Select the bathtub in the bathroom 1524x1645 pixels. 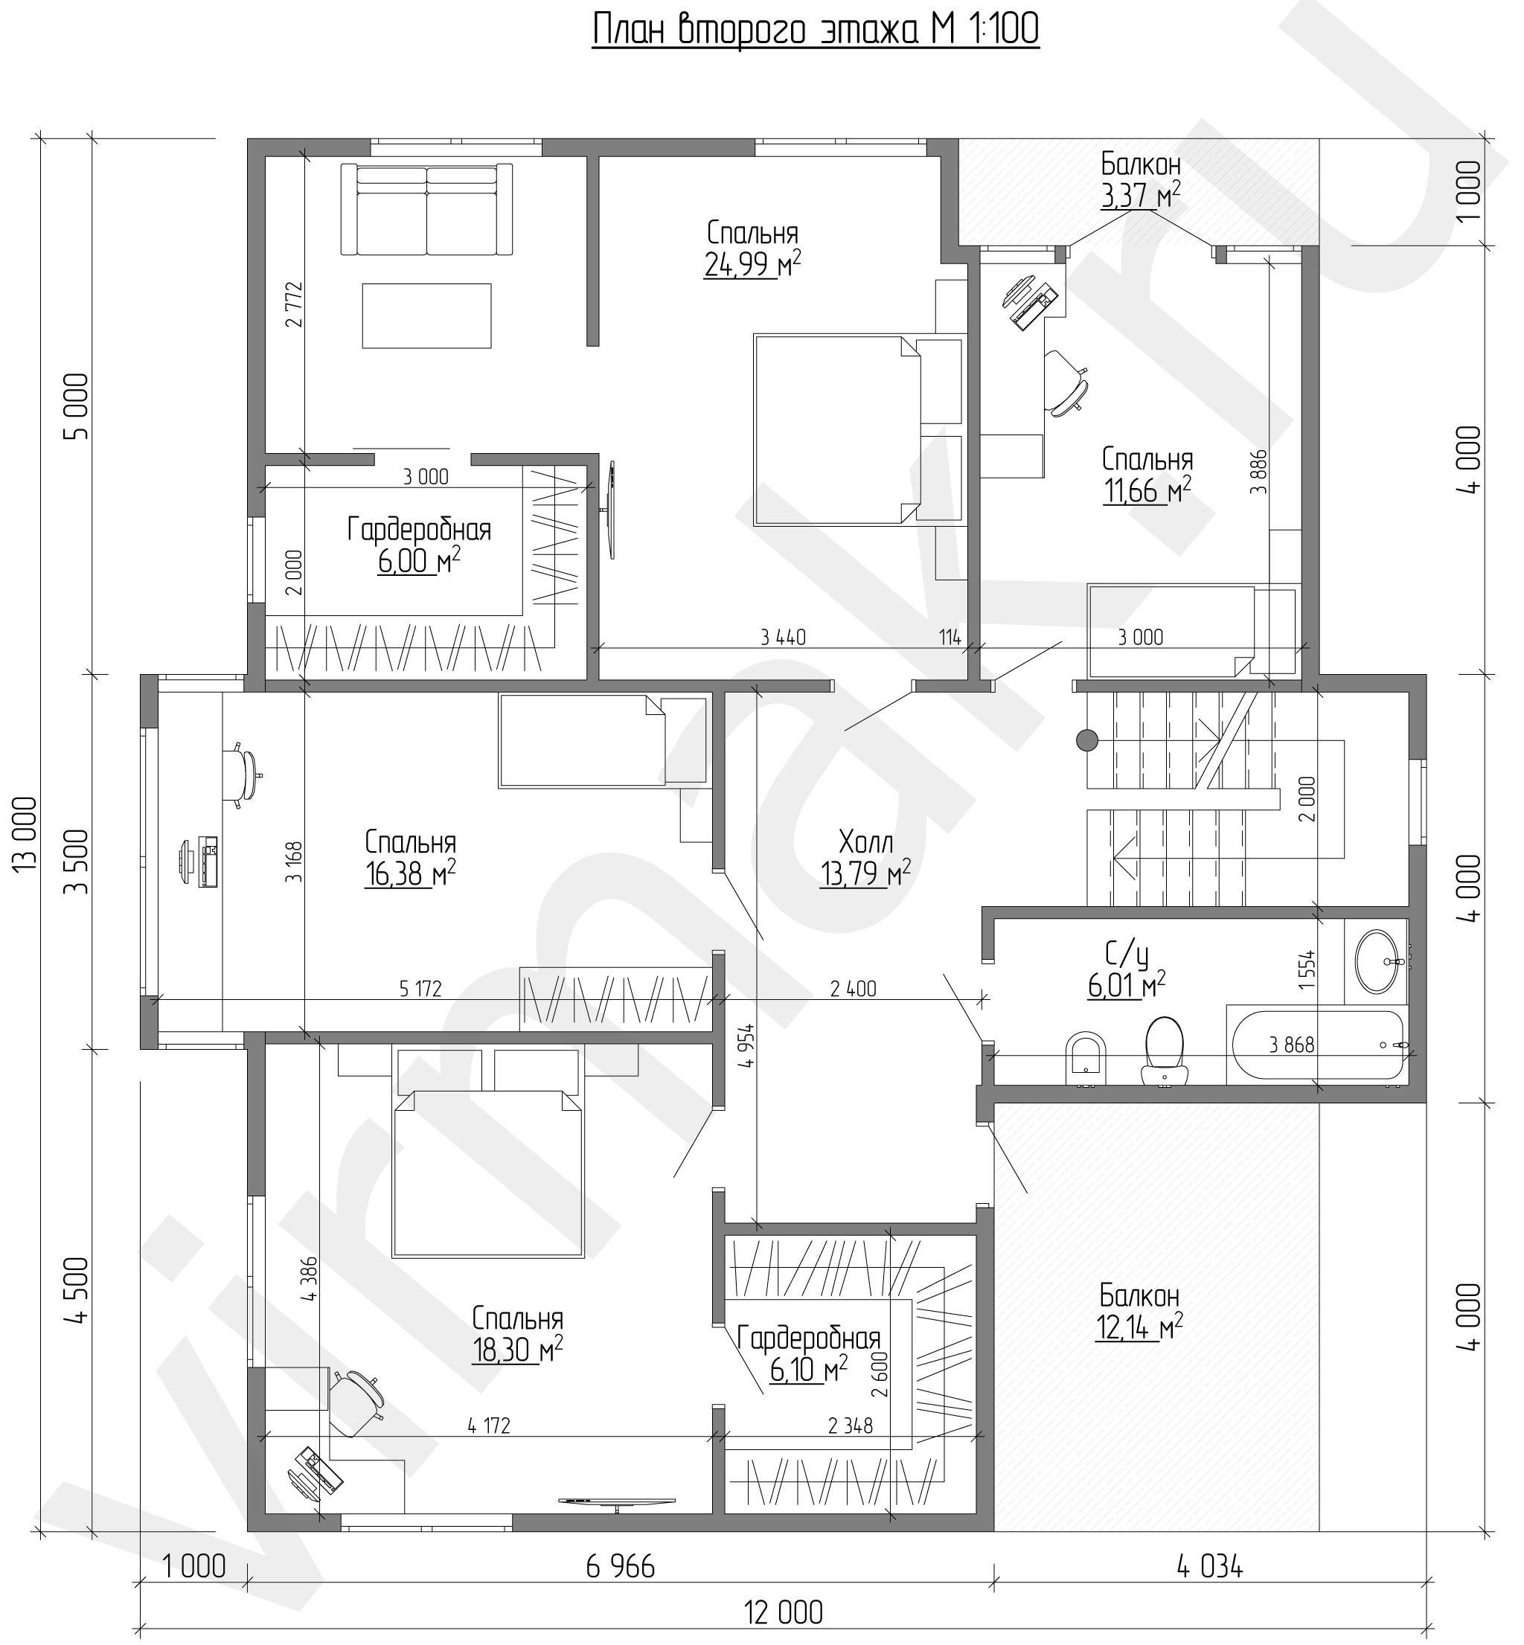1317,1045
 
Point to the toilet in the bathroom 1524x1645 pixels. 1165,1049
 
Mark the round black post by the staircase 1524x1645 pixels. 1087,741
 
